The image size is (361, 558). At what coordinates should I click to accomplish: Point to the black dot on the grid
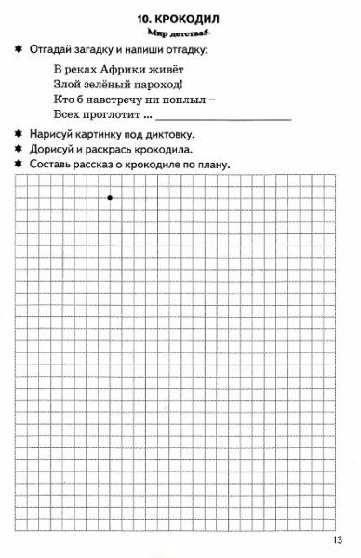[x=111, y=197]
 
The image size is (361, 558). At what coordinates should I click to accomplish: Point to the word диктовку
[x=192, y=134]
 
